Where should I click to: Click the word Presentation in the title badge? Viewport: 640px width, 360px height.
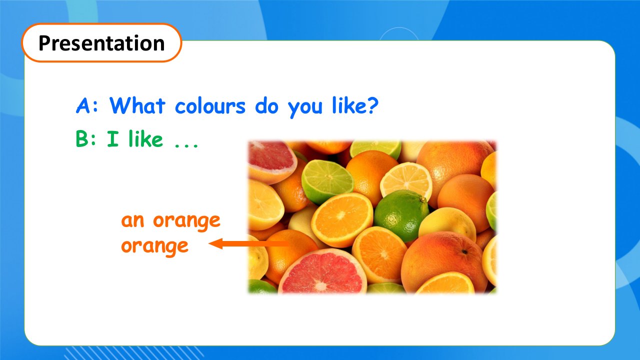(101, 43)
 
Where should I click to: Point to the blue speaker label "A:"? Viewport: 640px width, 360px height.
(87, 105)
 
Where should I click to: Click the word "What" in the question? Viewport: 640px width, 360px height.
(137, 105)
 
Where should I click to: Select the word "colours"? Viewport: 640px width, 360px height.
(210, 105)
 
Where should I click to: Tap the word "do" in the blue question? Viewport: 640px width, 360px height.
(266, 105)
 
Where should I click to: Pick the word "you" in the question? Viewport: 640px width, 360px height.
(305, 108)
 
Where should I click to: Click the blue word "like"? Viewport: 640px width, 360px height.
(347, 105)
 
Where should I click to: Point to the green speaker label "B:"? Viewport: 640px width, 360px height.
(86, 138)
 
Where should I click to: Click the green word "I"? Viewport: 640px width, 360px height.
(112, 138)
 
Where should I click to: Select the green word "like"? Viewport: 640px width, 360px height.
(145, 138)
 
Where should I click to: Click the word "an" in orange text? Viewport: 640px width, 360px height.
(132, 221)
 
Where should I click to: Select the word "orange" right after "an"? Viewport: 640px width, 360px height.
(186, 223)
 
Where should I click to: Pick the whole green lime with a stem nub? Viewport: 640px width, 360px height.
(401, 215)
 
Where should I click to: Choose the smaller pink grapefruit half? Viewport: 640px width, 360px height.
(271, 161)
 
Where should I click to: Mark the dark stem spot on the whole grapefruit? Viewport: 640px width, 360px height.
(464, 251)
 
